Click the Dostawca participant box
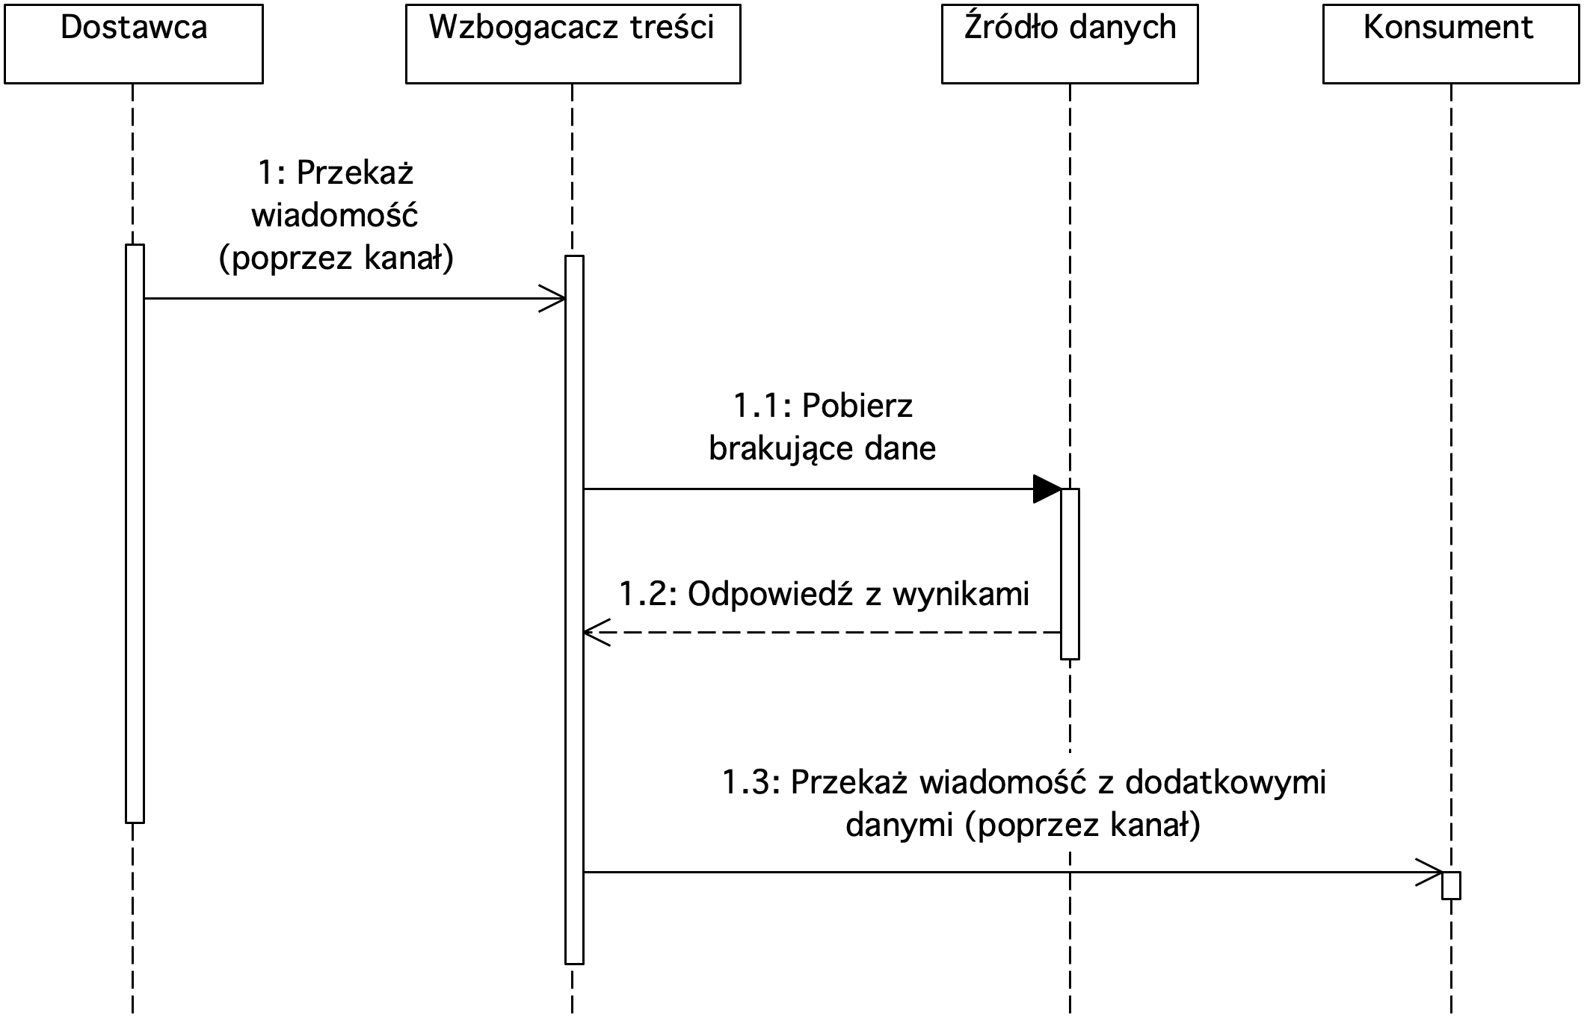134,44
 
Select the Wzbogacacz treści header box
573,44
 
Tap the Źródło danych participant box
1070,44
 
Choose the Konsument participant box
1451,44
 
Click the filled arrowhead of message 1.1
1047,489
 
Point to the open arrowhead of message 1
552,299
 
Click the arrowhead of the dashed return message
597,633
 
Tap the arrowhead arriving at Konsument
1429,872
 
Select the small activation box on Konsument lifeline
1451,885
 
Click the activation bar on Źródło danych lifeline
1070,574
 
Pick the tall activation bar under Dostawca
135,533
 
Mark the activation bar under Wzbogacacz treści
574,610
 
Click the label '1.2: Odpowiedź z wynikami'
824,594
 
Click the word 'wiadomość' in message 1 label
334,215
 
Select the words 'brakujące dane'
822,448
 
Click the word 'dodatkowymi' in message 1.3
1225,782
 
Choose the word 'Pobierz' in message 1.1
857,406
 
